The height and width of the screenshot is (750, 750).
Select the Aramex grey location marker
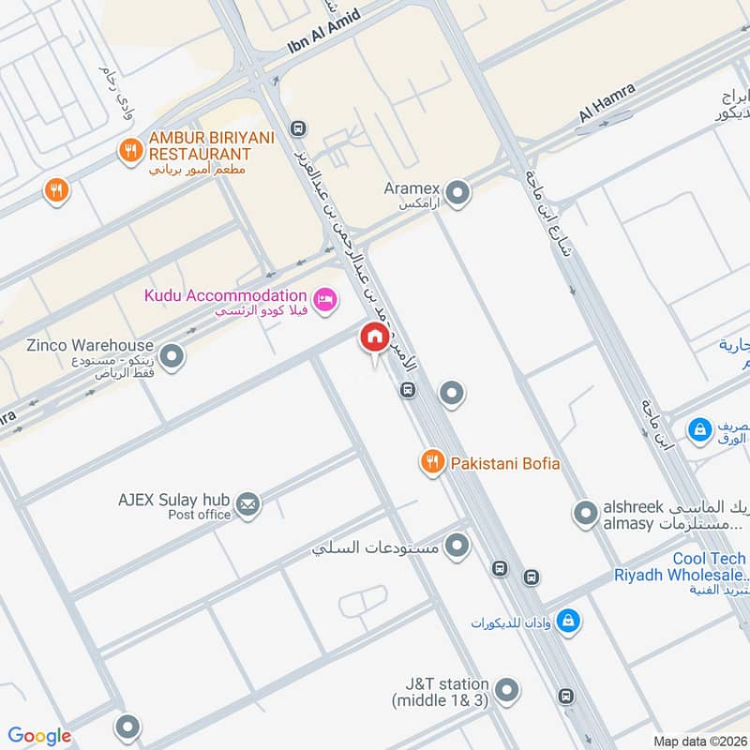point(457,194)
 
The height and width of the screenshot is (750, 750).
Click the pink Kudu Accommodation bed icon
point(324,298)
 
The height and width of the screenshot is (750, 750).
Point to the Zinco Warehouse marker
point(171,356)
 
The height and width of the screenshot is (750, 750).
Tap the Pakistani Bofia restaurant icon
point(431,461)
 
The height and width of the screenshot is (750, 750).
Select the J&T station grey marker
point(506,691)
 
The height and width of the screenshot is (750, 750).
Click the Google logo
point(39,736)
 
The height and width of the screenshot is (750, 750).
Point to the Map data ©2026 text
point(697,741)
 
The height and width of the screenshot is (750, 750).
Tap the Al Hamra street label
point(607,101)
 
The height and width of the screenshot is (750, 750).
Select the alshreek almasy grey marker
point(585,513)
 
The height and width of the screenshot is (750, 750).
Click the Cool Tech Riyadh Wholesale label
point(682,566)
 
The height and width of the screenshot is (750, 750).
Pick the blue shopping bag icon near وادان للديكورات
point(567,621)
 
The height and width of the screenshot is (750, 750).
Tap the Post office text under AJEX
point(199,515)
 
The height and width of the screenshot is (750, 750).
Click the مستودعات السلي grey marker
point(457,546)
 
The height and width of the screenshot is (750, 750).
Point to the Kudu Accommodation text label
point(225,295)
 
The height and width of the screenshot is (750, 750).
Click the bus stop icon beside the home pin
point(407,390)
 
